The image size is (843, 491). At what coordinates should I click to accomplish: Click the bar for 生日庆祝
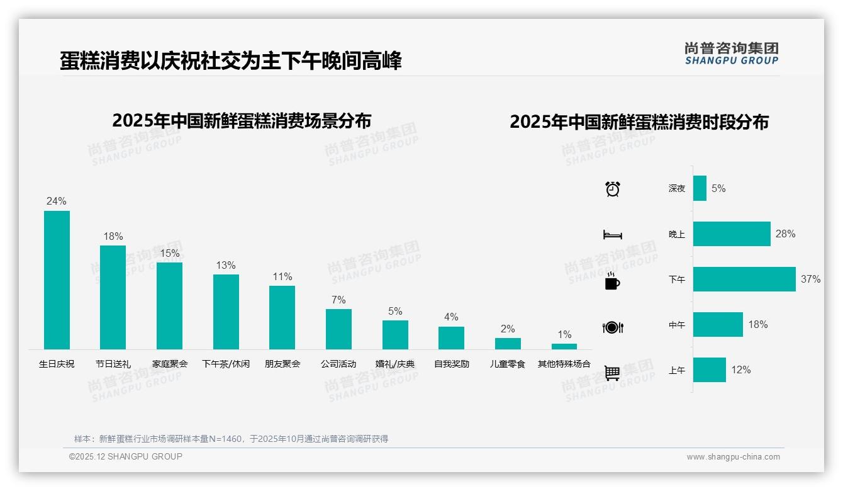coord(57,280)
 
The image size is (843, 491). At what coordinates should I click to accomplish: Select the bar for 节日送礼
coord(113,297)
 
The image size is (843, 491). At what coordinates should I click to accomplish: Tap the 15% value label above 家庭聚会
coord(169,253)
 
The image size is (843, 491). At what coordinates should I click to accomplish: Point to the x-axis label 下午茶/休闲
coord(226,364)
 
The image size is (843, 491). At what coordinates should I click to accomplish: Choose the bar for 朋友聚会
coord(282,317)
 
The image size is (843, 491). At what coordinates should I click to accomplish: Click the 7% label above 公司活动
coord(338,300)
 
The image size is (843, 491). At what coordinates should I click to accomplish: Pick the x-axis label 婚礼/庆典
coord(395,364)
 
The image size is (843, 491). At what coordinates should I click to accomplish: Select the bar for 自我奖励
coord(451,338)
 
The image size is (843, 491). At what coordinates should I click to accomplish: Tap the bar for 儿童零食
coord(508,344)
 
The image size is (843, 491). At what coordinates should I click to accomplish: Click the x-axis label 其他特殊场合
coord(564,364)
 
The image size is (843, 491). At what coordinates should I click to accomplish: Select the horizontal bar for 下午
coord(744,279)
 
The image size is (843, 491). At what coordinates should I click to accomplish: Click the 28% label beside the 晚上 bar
coord(785,234)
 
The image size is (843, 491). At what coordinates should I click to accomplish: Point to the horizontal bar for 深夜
coord(700,188)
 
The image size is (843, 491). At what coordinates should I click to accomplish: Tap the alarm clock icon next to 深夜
coord(613,189)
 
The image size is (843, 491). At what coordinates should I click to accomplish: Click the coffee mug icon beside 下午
coord(612,281)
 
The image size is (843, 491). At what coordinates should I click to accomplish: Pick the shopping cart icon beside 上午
coord(612,373)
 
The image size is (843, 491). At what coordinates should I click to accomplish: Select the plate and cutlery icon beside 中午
coord(612,327)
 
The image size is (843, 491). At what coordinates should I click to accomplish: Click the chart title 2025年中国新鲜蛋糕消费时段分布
coord(639,122)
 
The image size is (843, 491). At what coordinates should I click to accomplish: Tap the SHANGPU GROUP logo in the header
coord(732,54)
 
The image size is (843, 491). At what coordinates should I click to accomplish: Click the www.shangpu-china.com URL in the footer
coord(733,457)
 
